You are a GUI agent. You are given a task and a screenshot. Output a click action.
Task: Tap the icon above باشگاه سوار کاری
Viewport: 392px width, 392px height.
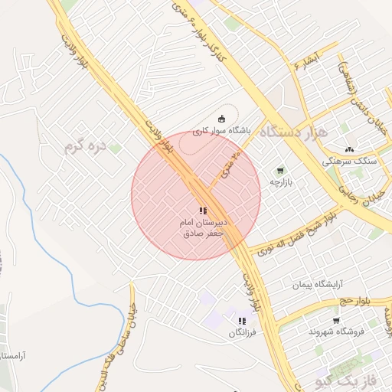tap(221, 118)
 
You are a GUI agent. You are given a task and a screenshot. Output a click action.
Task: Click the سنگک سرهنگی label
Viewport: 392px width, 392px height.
tap(351, 162)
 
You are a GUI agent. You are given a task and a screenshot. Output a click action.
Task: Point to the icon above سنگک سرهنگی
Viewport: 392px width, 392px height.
tap(350, 149)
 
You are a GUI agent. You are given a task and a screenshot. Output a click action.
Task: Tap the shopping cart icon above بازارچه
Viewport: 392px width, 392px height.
tap(280, 170)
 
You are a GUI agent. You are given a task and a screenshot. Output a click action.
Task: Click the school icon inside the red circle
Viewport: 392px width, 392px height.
tap(202, 210)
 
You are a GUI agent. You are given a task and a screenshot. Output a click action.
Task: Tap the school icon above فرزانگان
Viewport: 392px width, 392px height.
tap(243, 321)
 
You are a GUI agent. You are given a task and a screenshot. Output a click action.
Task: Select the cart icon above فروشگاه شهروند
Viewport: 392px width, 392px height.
tap(336, 320)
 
